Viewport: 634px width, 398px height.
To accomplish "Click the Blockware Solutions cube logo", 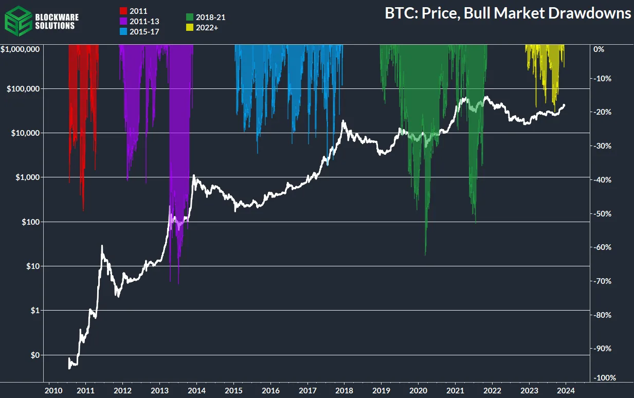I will pyautogui.click(x=17, y=19).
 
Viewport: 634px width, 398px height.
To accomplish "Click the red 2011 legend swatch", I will pyautogui.click(x=123, y=10).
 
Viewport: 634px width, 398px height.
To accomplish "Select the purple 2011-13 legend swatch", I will pyautogui.click(x=123, y=21).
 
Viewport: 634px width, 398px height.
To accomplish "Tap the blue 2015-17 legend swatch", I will pyautogui.click(x=123, y=32).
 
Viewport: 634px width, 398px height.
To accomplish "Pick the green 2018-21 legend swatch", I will pyautogui.click(x=189, y=17).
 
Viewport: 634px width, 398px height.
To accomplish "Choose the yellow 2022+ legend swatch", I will pyautogui.click(x=189, y=28).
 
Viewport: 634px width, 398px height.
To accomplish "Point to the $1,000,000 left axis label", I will pyautogui.click(x=21, y=49).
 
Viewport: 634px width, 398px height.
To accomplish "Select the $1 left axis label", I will pyautogui.click(x=34, y=311).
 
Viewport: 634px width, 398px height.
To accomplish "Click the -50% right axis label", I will pyautogui.click(x=602, y=213).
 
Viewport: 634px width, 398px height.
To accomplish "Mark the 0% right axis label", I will pyautogui.click(x=599, y=49).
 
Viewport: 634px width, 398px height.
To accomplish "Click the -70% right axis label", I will pyautogui.click(x=602, y=281).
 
